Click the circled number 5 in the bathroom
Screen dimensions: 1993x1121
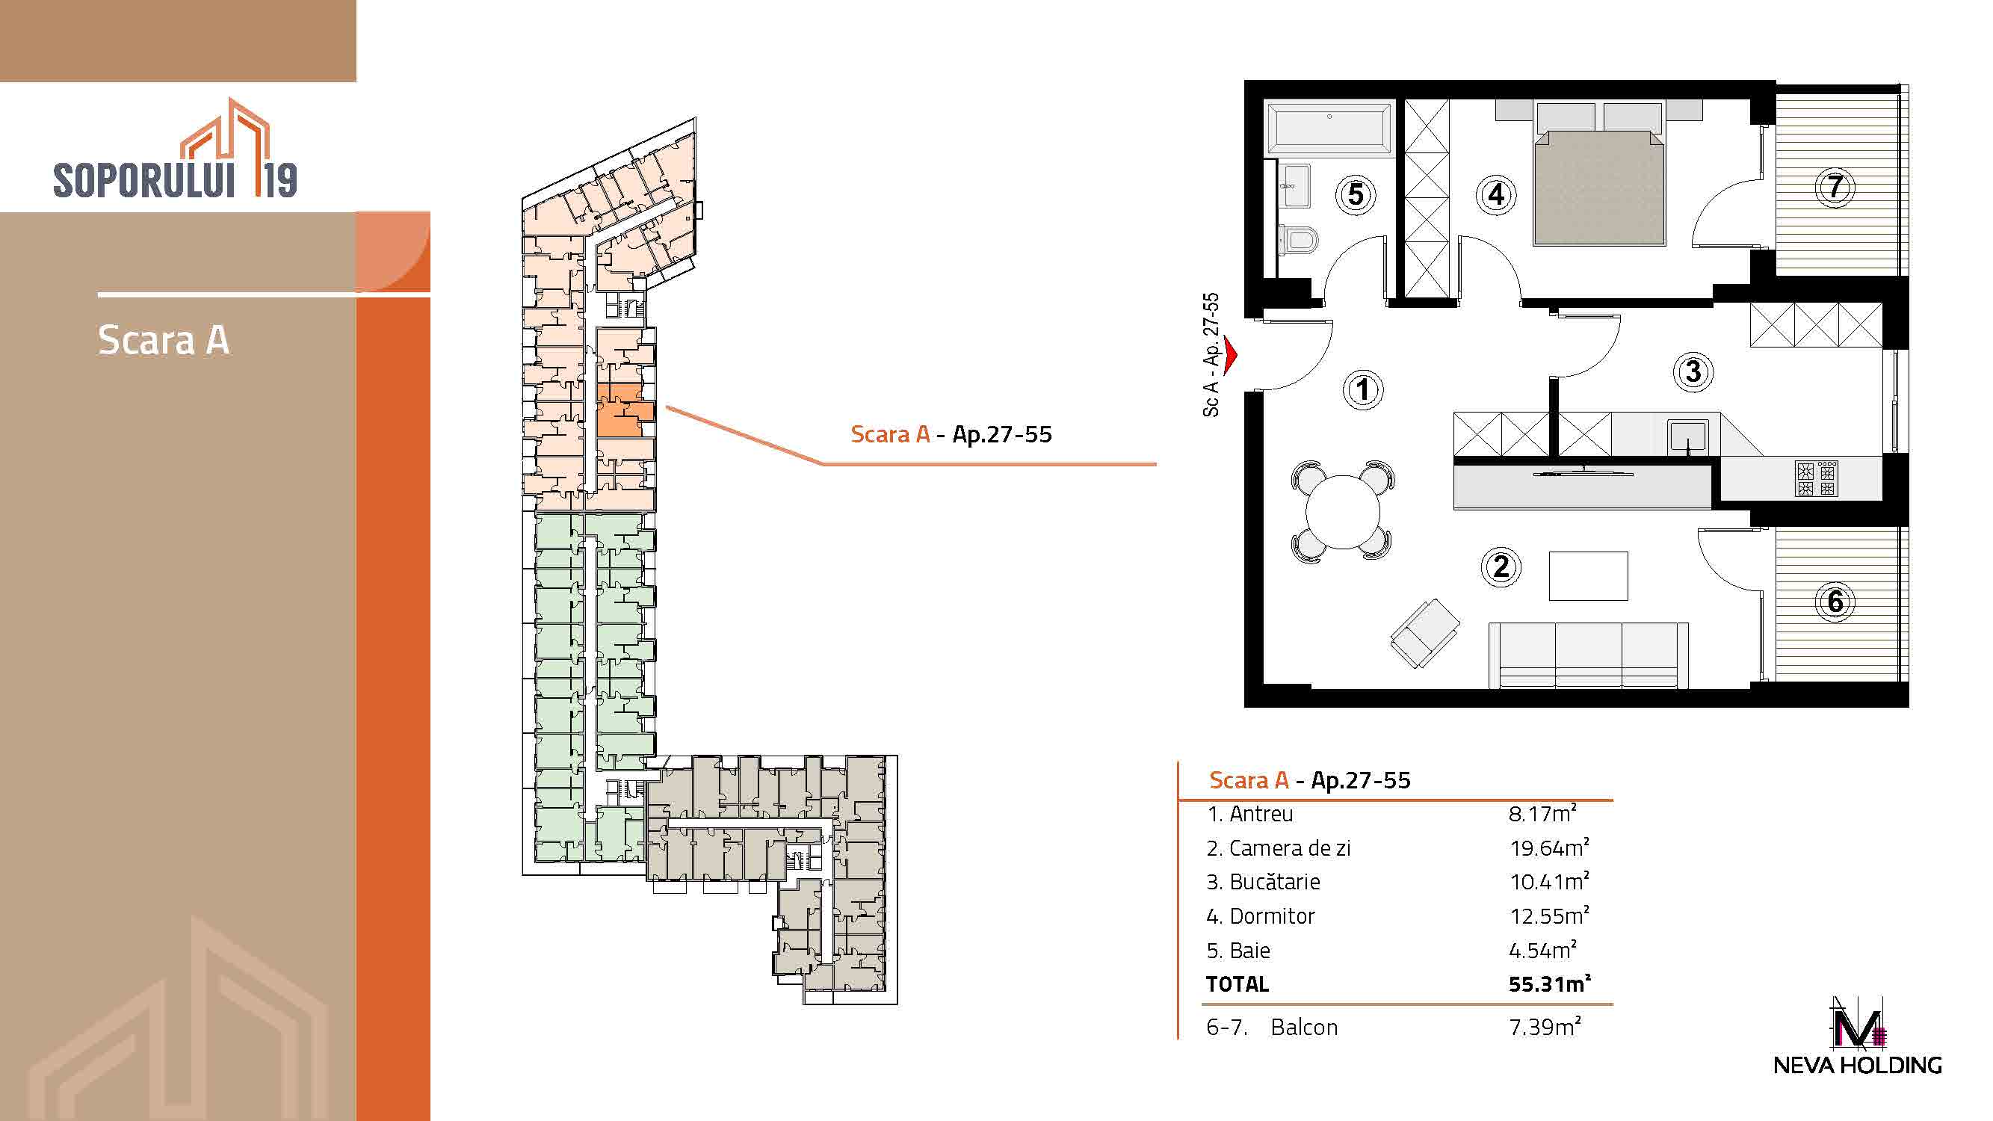(1356, 194)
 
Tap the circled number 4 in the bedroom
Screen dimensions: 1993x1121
(1496, 194)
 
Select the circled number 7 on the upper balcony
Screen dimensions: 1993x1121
(1835, 186)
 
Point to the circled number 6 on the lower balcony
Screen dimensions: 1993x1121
(1835, 601)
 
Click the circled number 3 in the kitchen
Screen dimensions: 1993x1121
(1693, 371)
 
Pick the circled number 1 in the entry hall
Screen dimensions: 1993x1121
(1362, 389)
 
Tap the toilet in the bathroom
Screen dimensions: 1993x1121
(1297, 239)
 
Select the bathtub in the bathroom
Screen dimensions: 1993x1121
(1329, 129)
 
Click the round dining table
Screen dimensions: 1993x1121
(1343, 511)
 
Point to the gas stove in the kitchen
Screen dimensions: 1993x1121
(1816, 478)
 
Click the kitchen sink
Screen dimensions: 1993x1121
(1687, 436)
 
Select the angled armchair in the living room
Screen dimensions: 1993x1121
(1425, 633)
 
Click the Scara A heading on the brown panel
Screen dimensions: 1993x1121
(163, 339)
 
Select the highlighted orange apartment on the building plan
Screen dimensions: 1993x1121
(625, 411)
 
